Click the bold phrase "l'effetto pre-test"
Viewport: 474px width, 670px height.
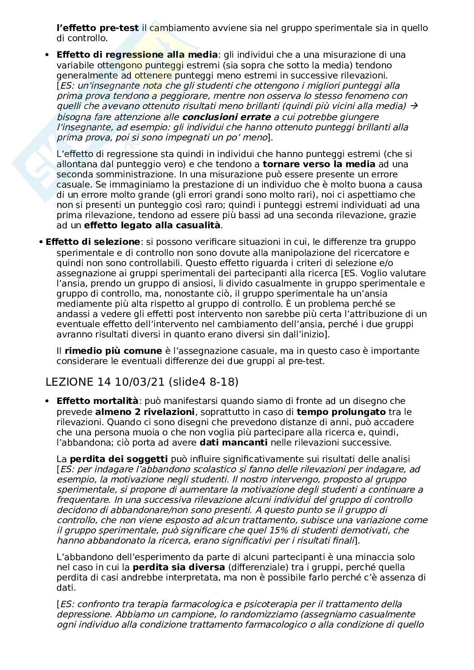(x=98, y=28)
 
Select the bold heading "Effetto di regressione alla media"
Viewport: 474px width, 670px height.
(x=137, y=55)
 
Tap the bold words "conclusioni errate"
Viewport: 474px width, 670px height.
(x=227, y=117)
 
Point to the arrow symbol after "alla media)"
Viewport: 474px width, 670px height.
(x=415, y=106)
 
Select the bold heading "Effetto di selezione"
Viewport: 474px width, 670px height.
(x=93, y=242)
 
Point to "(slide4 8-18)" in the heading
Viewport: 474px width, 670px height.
(x=203, y=382)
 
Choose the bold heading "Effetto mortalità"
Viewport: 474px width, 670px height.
(x=97, y=401)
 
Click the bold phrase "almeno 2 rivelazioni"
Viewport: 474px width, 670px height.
(x=145, y=412)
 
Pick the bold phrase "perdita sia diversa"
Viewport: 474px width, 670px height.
(x=178, y=567)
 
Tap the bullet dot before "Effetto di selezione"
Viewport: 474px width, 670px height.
(x=41, y=242)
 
